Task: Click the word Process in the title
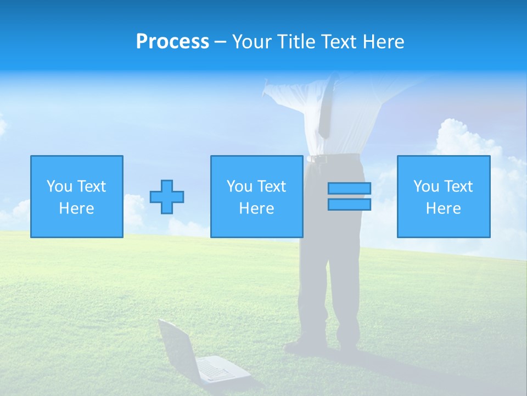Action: pyautogui.click(x=172, y=42)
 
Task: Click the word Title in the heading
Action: pyautogui.click(x=296, y=42)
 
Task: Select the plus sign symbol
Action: pyautogui.click(x=167, y=197)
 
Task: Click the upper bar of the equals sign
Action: pyautogui.click(x=349, y=189)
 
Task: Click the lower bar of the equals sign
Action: pyautogui.click(x=349, y=205)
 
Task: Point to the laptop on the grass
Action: pyautogui.click(x=203, y=358)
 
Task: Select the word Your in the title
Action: pyautogui.click(x=253, y=42)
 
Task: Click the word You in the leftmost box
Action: pyautogui.click(x=58, y=186)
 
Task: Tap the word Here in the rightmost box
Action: pyautogui.click(x=444, y=208)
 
